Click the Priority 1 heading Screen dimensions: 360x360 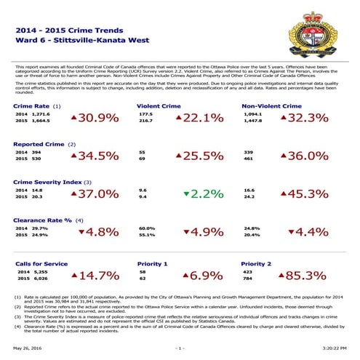pos(153,263)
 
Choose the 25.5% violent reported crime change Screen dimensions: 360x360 pos(196,156)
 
